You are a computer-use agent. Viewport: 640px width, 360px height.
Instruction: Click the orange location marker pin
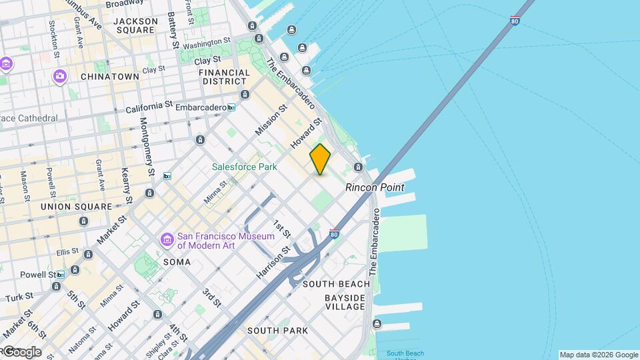[320, 159]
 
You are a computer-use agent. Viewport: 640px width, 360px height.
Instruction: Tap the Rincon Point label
[375, 187]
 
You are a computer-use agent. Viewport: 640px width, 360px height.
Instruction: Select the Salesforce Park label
[245, 167]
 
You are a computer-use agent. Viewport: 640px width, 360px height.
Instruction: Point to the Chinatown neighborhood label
[110, 77]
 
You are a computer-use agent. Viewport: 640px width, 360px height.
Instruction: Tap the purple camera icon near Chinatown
[60, 77]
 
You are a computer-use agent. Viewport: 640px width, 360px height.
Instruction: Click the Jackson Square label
[136, 25]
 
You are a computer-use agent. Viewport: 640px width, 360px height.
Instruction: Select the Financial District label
[224, 77]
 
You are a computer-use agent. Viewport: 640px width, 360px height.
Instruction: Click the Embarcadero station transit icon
[231, 107]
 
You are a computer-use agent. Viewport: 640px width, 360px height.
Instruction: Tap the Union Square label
[77, 207]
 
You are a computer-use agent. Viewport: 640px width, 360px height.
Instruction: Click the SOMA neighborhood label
[177, 262]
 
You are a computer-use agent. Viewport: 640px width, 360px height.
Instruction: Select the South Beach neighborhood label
[336, 284]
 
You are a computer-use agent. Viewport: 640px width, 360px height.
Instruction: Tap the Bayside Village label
[345, 302]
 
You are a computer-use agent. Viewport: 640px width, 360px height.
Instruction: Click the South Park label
[277, 331]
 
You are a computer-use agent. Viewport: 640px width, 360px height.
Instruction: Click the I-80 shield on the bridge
[514, 20]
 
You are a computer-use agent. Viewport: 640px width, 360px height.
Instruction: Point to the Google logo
[22, 352]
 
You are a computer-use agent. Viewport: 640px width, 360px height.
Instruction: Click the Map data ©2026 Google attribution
[598, 355]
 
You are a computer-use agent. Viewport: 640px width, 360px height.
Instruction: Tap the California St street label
[149, 107]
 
